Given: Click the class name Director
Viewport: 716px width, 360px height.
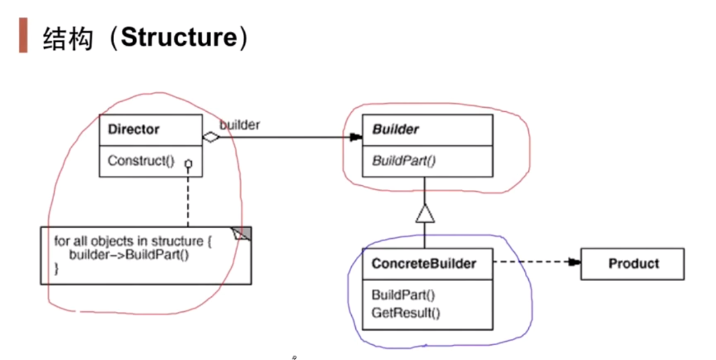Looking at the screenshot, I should (134, 129).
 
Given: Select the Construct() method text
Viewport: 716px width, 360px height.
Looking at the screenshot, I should (141, 161).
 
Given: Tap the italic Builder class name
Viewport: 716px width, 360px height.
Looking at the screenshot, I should (395, 129).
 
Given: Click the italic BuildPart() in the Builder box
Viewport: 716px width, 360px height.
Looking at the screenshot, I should (404, 161).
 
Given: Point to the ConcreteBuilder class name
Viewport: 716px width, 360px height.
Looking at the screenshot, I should (424, 264).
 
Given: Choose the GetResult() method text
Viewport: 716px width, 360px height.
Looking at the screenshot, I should (406, 312).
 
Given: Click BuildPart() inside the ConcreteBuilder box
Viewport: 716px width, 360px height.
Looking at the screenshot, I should (404, 295).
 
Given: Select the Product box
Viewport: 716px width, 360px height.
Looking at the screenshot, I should (632, 264).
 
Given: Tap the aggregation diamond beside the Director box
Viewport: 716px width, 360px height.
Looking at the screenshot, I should (211, 137).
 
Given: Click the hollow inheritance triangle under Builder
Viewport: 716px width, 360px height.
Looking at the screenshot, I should (425, 215).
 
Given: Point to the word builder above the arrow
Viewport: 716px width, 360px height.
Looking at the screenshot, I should (240, 125).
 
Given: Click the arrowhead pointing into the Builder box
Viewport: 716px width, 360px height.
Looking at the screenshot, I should (355, 138).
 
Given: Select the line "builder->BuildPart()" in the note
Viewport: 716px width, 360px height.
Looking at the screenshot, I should (129, 256).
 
